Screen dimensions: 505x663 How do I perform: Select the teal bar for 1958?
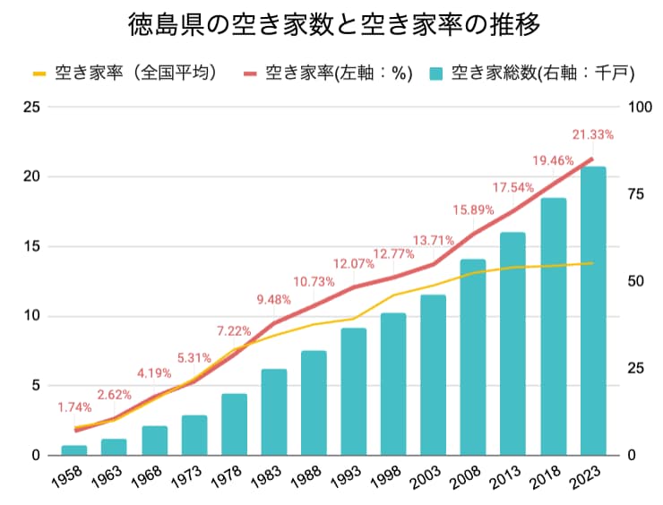tap(74, 450)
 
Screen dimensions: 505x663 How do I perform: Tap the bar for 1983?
tap(274, 412)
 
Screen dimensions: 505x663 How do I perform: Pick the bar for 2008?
tap(473, 357)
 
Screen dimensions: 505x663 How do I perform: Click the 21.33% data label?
tap(593, 135)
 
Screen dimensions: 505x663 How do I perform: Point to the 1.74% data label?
tap(74, 407)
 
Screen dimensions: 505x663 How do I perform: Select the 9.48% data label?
tap(274, 299)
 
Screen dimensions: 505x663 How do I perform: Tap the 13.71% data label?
tap(434, 241)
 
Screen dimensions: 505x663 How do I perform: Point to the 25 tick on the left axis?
tap(31, 107)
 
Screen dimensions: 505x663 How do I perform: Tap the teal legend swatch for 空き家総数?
tap(437, 73)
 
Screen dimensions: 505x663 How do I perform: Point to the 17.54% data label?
tap(513, 188)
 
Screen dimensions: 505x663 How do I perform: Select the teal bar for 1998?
tap(393, 384)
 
